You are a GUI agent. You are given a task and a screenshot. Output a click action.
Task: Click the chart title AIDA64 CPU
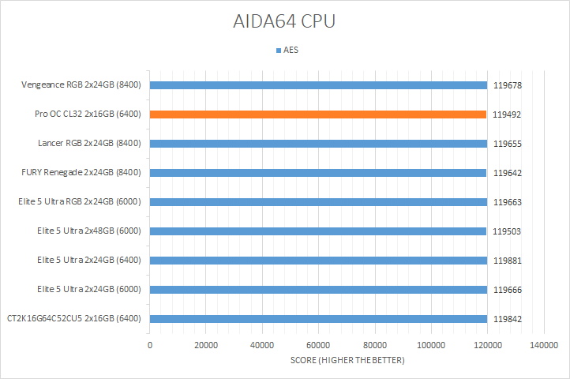285,21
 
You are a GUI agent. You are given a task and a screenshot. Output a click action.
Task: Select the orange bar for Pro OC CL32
317,114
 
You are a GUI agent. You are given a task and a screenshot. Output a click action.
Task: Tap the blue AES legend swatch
278,50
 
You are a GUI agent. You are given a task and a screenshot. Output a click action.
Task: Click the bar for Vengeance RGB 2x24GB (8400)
317,85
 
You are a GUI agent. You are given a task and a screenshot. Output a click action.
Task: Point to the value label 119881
508,261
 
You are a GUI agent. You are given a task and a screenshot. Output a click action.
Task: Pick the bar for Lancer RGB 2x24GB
317,144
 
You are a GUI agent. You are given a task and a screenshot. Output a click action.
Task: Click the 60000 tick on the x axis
318,346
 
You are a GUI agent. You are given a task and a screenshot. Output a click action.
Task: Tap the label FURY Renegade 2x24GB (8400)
81,173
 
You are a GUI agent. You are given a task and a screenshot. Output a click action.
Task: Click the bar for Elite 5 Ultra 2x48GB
317,231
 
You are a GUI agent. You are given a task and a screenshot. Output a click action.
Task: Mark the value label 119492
508,114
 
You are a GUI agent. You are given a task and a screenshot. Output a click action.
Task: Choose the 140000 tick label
543,346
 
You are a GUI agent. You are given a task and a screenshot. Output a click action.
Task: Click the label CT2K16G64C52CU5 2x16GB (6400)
73,319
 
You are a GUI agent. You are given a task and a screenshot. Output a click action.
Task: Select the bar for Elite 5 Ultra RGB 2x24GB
317,202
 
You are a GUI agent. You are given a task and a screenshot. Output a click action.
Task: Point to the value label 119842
508,319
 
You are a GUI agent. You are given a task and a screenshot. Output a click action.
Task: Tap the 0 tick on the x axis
150,346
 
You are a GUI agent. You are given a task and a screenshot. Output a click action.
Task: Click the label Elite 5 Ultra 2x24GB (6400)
88,261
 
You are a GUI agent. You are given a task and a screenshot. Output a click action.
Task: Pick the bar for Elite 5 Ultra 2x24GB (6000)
317,290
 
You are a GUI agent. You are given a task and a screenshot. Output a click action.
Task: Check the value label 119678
508,85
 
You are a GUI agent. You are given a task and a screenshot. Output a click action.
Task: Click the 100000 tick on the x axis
431,346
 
